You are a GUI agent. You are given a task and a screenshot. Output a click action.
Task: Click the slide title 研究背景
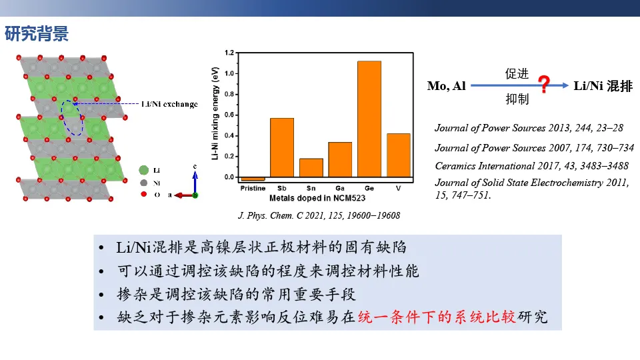pos(37,33)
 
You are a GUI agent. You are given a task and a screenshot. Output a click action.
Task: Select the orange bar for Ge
pos(369,119)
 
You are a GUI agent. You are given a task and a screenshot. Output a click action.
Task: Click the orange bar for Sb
pos(282,147)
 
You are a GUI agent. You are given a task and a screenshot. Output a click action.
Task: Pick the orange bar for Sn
pos(311,168)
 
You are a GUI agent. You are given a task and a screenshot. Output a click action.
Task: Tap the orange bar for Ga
pos(340,159)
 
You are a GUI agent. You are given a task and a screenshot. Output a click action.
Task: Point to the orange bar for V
pos(399,155)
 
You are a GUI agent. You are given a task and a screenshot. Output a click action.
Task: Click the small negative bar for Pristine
pos(253,179)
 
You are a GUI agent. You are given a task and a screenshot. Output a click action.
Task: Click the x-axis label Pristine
pos(253,188)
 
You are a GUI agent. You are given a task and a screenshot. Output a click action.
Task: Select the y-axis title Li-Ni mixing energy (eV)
pos(215,113)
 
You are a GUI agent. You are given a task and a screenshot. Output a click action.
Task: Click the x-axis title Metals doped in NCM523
pos(317,198)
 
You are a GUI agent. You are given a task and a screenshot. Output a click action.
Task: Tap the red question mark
pos(544,84)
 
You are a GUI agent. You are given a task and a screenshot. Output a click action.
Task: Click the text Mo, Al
pos(447,86)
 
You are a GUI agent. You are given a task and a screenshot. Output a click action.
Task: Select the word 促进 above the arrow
pos(517,73)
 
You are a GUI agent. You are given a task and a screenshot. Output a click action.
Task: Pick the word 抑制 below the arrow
pos(517,99)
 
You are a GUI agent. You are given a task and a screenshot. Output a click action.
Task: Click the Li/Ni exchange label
pos(169,104)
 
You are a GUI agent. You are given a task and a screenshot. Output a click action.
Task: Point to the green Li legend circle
pos(144,170)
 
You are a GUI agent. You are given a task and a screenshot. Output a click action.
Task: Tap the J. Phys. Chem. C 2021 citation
pos(319,215)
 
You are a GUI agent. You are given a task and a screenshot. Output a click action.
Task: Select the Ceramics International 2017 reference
pos(531,166)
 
